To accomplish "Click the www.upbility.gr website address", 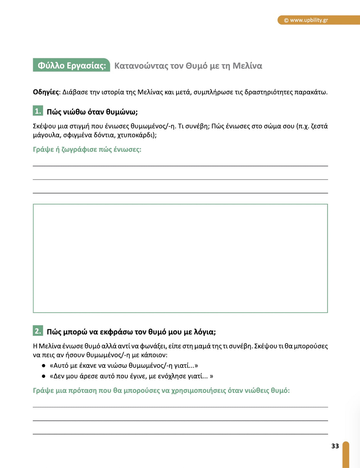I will pos(309,20).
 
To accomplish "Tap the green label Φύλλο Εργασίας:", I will pos(71,65).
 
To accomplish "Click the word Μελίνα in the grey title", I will pos(247,66).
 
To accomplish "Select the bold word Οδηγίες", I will pos(46,92).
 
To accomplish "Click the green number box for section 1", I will pos(38,111).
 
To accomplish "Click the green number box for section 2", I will pos(38,331).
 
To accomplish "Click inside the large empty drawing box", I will pos(180,258).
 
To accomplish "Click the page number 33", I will pos(335,446).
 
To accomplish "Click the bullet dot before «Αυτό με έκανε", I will pos(44,366).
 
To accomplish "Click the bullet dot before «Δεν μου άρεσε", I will pos(44,376).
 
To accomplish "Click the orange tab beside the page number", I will pos(346,454).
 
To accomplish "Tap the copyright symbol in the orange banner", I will pos(286,20).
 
